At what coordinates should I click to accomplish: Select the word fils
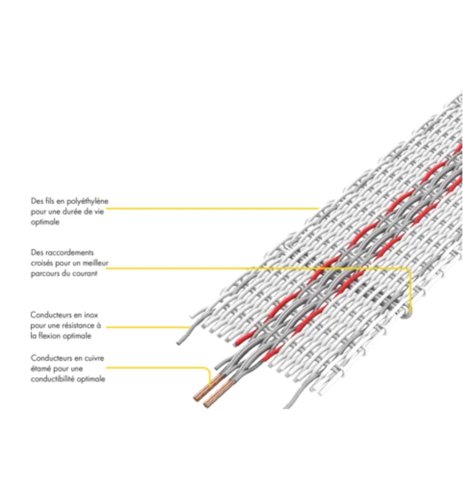pos(50,201)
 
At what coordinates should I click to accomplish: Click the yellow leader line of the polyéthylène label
pos(206,208)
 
